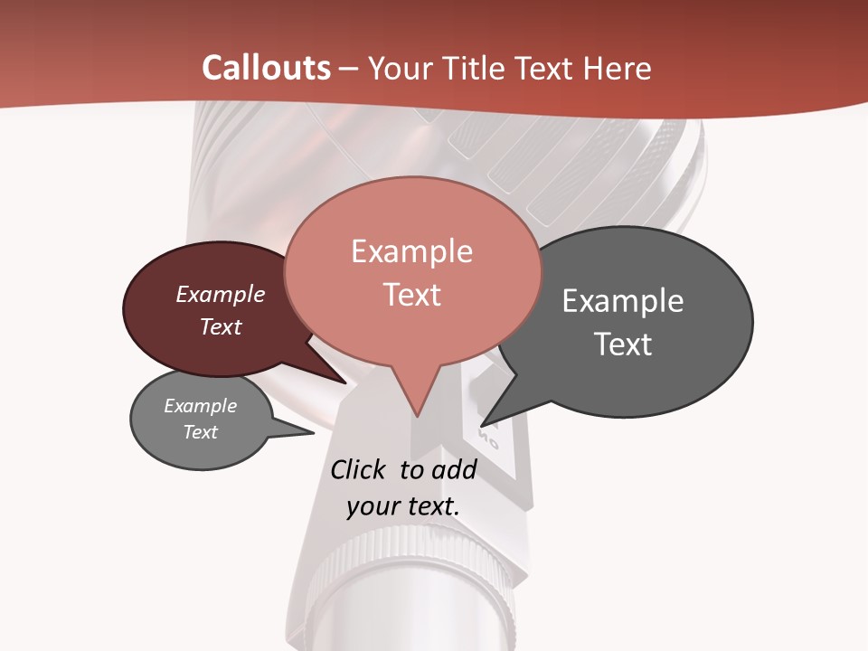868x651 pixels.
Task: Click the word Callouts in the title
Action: pos(266,68)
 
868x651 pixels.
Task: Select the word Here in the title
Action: pos(618,68)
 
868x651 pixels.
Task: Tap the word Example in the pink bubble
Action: pos(411,251)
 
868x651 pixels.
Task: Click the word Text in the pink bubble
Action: pos(411,295)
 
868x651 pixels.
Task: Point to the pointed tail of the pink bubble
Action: pos(417,414)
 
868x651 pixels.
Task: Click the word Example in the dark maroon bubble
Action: pos(220,294)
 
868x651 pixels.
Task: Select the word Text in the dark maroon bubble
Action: pos(220,326)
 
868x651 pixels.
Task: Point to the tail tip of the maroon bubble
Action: pos(345,382)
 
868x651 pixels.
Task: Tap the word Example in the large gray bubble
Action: pos(622,300)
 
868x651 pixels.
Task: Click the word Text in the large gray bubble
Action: pos(622,344)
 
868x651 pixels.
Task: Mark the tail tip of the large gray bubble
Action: pos(482,425)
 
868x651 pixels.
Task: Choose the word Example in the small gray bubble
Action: pos(200,406)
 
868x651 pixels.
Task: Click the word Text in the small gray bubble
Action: pos(200,432)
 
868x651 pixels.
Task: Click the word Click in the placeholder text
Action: pos(357,469)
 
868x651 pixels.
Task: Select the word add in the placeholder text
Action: pos(454,469)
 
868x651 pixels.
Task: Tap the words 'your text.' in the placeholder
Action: pos(402,506)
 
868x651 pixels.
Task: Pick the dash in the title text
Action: pos(349,69)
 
